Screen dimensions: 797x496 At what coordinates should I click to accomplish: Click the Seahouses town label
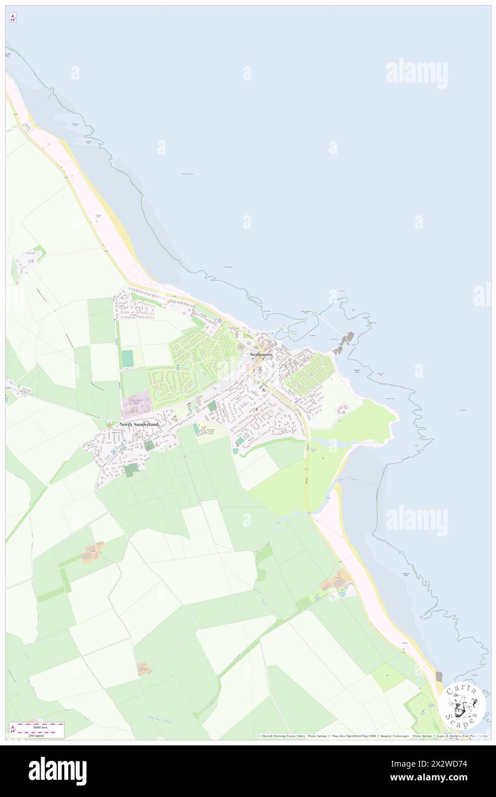tap(261, 355)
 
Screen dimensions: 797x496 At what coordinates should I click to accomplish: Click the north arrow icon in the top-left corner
tap(13, 18)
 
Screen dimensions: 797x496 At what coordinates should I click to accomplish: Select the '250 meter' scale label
tap(36, 735)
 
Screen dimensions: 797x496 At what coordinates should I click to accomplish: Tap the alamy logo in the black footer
tap(57, 771)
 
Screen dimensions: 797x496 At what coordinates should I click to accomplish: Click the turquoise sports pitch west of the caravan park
tap(127, 358)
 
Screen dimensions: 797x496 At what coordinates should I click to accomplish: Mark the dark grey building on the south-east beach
tap(439, 677)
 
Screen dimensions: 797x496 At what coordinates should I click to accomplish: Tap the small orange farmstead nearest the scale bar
tap(144, 669)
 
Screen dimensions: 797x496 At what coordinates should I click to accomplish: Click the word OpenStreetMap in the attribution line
tap(361, 736)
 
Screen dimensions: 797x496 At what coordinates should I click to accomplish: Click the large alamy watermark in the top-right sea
tap(416, 73)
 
